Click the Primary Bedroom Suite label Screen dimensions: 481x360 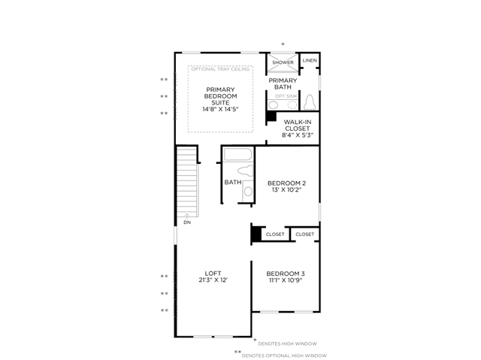(220, 96)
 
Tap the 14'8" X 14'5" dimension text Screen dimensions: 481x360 (220, 109)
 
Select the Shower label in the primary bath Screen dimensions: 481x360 (283, 62)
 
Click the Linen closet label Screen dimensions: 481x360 (310, 60)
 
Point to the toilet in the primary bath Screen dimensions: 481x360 (310, 102)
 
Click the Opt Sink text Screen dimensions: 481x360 (286, 96)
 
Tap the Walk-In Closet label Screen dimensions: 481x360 (298, 125)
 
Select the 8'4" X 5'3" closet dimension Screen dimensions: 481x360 (298, 135)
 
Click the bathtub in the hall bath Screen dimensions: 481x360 (237, 154)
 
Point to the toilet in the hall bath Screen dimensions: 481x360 (246, 171)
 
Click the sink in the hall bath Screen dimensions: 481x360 (248, 192)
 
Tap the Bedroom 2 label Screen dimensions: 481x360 (286, 183)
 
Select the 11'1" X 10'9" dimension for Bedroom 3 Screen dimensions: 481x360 (286, 280)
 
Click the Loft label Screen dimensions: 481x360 (213, 274)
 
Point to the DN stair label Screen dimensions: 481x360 (187, 222)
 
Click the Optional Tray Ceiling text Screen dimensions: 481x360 (220, 69)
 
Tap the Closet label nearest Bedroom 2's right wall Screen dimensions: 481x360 (304, 234)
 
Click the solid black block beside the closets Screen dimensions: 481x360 (256, 234)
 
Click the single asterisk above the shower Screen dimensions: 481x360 (283, 44)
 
